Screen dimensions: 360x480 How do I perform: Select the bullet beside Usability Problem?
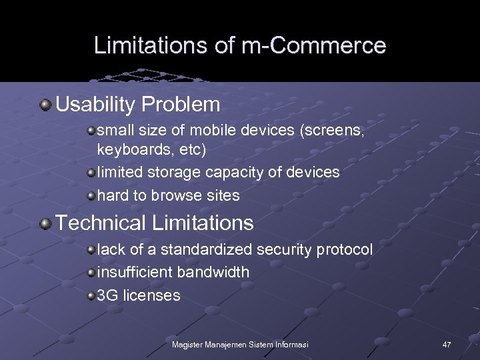(45, 105)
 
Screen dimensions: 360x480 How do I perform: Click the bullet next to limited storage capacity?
(91, 173)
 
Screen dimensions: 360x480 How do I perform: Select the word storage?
(175, 172)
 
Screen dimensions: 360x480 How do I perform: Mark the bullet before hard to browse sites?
(91, 195)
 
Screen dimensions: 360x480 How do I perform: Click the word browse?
(176, 195)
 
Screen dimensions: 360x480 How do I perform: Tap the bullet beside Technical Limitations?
(45, 223)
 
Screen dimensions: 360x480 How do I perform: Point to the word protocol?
(345, 249)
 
